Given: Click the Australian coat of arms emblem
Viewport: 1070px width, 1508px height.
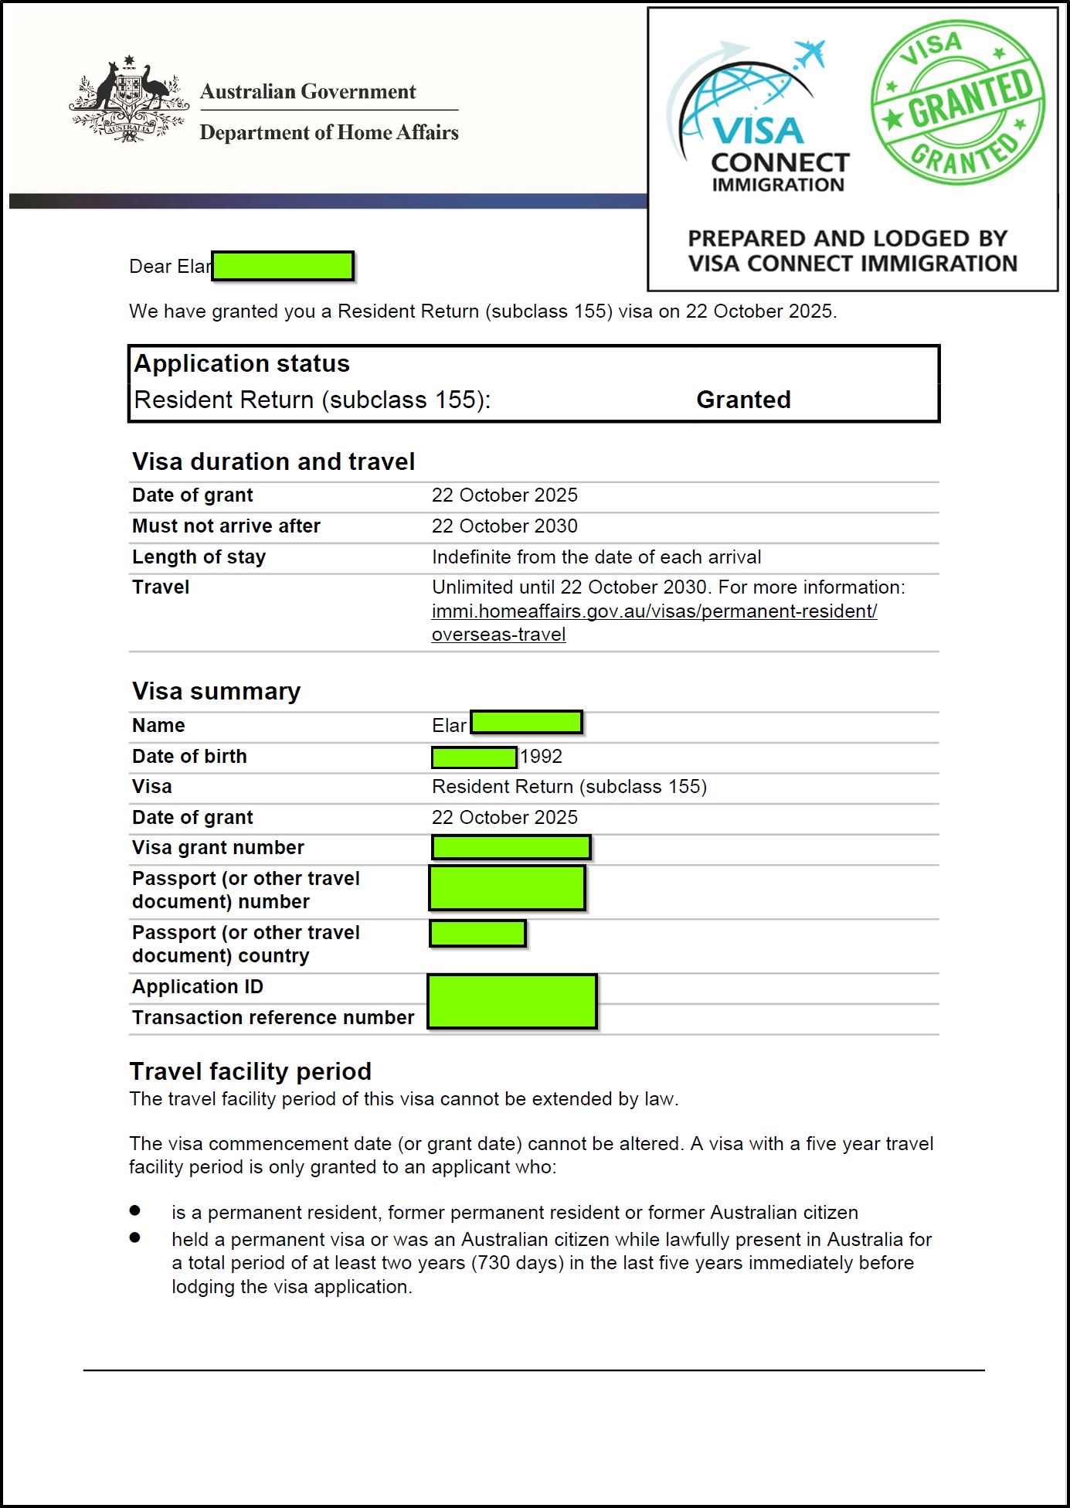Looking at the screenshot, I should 129,100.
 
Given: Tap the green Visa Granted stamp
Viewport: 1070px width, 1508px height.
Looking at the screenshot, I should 957,104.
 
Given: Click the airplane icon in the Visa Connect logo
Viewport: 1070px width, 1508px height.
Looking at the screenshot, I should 810,54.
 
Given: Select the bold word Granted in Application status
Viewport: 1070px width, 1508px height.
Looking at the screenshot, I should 743,400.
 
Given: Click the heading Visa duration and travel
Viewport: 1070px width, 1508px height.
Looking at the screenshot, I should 273,461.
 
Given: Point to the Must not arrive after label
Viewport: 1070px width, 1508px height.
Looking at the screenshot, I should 226,526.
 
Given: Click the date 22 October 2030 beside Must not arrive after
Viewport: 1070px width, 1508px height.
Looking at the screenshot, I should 504,526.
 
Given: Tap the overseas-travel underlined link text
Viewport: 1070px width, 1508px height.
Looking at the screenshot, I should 498,635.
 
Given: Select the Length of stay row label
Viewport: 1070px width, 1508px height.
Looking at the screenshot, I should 199,557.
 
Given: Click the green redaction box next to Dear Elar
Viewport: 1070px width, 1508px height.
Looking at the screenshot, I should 283,266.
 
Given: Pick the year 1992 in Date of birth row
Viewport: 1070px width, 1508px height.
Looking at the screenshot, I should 541,757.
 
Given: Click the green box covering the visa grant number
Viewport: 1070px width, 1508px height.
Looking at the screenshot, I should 511,848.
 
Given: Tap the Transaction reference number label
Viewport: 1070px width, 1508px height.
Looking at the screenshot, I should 273,1018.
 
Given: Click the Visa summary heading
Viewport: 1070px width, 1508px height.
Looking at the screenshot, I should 216,691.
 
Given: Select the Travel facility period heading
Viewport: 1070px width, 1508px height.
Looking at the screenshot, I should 250,1071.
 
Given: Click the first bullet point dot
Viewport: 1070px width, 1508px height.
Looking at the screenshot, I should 135,1210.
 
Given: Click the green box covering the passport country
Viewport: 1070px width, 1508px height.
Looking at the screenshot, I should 477,934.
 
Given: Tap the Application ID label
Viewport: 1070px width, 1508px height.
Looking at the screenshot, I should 198,987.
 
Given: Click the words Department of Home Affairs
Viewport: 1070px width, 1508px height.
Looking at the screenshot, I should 329,133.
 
